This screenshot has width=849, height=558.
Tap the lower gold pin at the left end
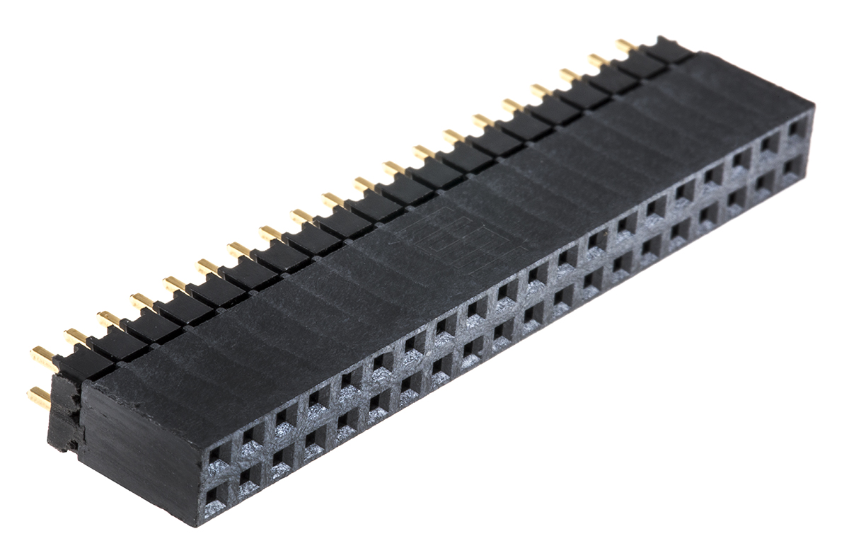click(40, 397)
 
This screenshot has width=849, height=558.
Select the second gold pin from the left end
click(76, 336)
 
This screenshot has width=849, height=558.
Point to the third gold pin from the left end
click(108, 319)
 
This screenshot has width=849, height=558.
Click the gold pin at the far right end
click(625, 46)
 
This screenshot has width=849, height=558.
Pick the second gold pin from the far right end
click(598, 60)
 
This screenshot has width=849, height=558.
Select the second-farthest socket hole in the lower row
click(764, 182)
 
